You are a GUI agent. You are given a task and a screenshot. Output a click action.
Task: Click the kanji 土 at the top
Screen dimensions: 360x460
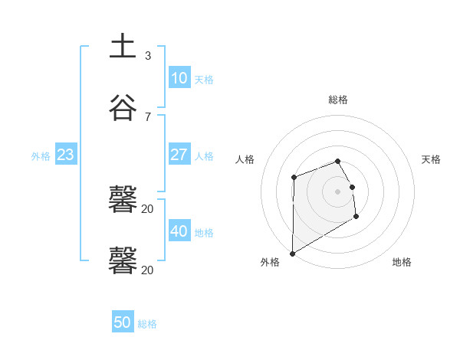pyautogui.click(x=123, y=47)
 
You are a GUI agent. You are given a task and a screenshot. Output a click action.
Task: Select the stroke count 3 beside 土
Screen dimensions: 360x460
pyautogui.click(x=147, y=56)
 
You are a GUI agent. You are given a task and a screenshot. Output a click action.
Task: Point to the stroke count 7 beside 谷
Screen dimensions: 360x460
pyautogui.click(x=147, y=116)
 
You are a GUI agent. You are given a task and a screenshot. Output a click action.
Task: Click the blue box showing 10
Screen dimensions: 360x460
pyautogui.click(x=179, y=78)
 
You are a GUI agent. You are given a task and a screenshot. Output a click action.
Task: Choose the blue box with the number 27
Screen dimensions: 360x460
pyautogui.click(x=179, y=155)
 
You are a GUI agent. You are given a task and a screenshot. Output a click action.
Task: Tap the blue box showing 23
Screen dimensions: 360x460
pyautogui.click(x=65, y=155)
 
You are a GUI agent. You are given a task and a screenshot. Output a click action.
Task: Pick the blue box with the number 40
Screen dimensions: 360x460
pyautogui.click(x=179, y=231)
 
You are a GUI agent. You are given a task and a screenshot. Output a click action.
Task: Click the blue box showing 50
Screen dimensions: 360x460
pyautogui.click(x=122, y=322)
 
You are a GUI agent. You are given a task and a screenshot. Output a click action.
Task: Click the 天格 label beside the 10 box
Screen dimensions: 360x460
pyautogui.click(x=204, y=80)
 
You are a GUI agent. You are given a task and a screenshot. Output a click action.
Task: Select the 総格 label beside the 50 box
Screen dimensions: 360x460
pyautogui.click(x=147, y=324)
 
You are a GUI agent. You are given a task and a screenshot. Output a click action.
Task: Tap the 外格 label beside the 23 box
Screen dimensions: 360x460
pyautogui.click(x=41, y=156)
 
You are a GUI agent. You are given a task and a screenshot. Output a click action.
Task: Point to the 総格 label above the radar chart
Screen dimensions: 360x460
pyautogui.click(x=338, y=100)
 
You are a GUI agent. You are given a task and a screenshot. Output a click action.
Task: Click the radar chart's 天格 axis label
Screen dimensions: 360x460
pyautogui.click(x=431, y=159)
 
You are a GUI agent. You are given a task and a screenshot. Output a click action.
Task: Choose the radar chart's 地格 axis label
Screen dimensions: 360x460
pyautogui.click(x=402, y=262)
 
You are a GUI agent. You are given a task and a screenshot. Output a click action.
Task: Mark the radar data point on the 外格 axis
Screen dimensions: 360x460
pyautogui.click(x=292, y=253)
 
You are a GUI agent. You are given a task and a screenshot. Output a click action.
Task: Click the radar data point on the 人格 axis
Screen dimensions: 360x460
pyautogui.click(x=294, y=178)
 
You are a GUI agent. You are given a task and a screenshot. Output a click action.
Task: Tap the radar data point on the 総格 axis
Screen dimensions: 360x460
pyautogui.click(x=338, y=161)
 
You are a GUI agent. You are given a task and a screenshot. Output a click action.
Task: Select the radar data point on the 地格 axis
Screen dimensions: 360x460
pyautogui.click(x=356, y=217)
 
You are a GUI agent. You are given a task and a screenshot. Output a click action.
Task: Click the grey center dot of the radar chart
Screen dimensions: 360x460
pyautogui.click(x=338, y=191)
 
